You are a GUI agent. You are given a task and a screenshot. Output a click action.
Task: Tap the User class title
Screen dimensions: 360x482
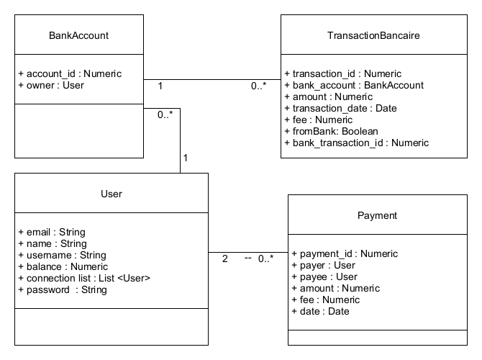pos(111,194)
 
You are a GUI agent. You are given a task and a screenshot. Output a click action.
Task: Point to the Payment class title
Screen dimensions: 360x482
pos(377,215)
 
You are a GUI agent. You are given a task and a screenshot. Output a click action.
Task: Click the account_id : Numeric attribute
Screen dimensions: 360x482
pos(70,73)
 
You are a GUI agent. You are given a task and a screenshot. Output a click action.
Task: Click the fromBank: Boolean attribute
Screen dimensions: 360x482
pos(331,131)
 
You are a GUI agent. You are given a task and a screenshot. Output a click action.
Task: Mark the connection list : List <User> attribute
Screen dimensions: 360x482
pos(84,278)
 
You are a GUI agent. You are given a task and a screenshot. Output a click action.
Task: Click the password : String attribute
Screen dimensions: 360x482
pos(63,289)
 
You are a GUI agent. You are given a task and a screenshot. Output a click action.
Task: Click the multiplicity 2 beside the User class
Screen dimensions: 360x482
pos(224,258)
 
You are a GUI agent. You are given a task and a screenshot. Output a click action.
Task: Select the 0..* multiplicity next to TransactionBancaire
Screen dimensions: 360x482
pos(260,86)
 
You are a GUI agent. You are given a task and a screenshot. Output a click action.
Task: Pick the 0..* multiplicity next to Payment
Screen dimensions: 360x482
pos(265,258)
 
